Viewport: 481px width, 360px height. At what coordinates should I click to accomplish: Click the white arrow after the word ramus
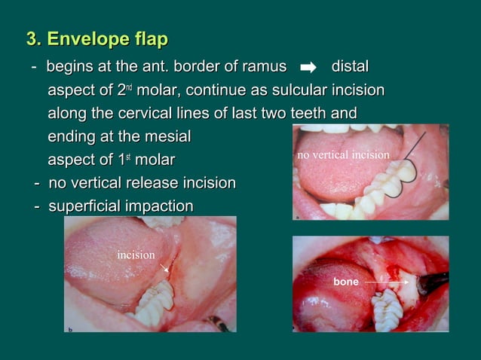[308, 69]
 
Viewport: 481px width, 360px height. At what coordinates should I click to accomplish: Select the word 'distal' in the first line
[350, 68]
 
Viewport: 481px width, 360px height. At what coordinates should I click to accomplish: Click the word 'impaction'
[163, 206]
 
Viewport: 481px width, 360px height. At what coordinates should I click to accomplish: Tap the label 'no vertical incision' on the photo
[343, 155]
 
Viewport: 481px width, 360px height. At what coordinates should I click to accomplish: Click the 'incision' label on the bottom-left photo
[136, 255]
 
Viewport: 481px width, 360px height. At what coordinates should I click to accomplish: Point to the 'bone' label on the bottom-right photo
[346, 282]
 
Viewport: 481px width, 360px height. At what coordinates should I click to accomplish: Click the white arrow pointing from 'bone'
[384, 282]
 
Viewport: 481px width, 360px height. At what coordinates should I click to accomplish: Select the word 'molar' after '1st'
[154, 160]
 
